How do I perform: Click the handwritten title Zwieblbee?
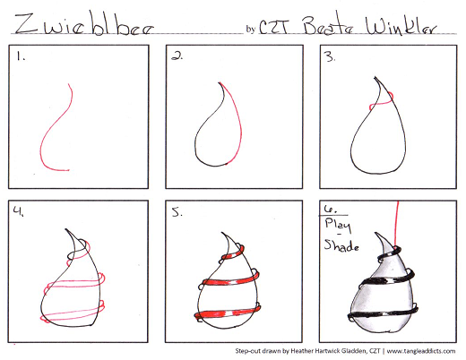84,24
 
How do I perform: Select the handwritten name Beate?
327,24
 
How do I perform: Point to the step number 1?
21,56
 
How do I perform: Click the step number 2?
177,56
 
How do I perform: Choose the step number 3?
331,56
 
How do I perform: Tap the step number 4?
18,211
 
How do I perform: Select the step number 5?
177,212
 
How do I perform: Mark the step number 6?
330,210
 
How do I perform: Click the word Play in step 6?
338,226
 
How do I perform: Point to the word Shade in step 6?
341,245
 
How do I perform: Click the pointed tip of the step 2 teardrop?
220,82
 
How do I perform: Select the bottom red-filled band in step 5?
227,313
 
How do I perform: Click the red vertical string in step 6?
397,224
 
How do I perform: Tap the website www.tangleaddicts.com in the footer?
421,351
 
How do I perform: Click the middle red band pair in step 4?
74,283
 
